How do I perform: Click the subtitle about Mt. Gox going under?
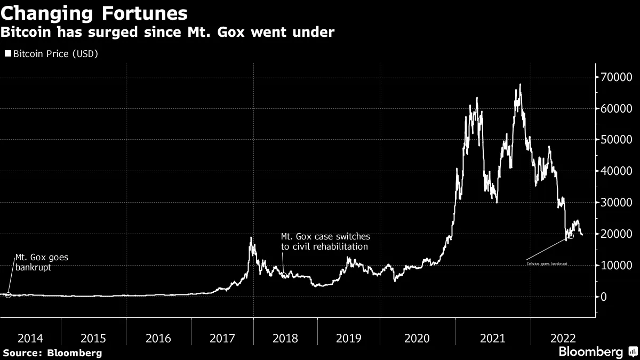[x=167, y=33]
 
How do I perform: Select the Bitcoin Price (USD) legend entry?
[x=52, y=54]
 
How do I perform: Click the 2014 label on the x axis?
[x=30, y=338]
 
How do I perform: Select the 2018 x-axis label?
[x=285, y=338]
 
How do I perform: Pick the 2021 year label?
[x=493, y=338]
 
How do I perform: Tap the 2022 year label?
[x=563, y=338]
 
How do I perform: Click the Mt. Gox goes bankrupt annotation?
[x=42, y=262]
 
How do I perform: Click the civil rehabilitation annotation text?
[x=325, y=241]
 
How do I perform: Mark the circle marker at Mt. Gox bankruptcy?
[x=8, y=295]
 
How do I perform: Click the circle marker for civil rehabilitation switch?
[x=284, y=276]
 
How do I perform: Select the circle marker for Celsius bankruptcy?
[x=571, y=235]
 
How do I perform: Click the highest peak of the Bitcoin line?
[x=520, y=84]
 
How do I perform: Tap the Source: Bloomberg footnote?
[x=52, y=353]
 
